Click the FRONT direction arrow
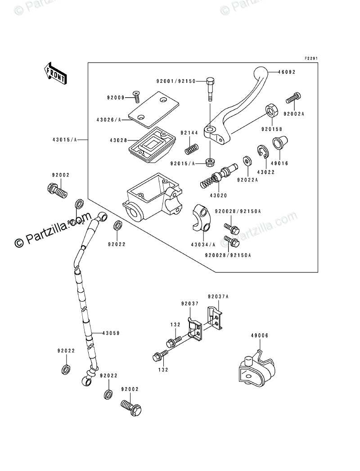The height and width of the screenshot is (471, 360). pos(55,73)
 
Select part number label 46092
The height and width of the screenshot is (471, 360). pos(287,72)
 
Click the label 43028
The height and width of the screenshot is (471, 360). pos(119,140)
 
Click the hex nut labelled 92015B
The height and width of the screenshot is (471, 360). pos(271,111)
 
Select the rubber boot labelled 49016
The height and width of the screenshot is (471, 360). pos(280,142)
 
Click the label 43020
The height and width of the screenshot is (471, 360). pos(218,195)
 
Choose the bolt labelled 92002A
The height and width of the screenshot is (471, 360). pos(293,98)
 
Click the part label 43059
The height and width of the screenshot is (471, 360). pos(111,333)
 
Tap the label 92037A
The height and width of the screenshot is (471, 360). pos(218,297)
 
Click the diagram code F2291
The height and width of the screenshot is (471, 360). pos(311,59)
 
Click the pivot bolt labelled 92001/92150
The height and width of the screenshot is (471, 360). pos(210,90)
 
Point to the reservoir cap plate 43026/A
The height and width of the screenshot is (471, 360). pos(154,110)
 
